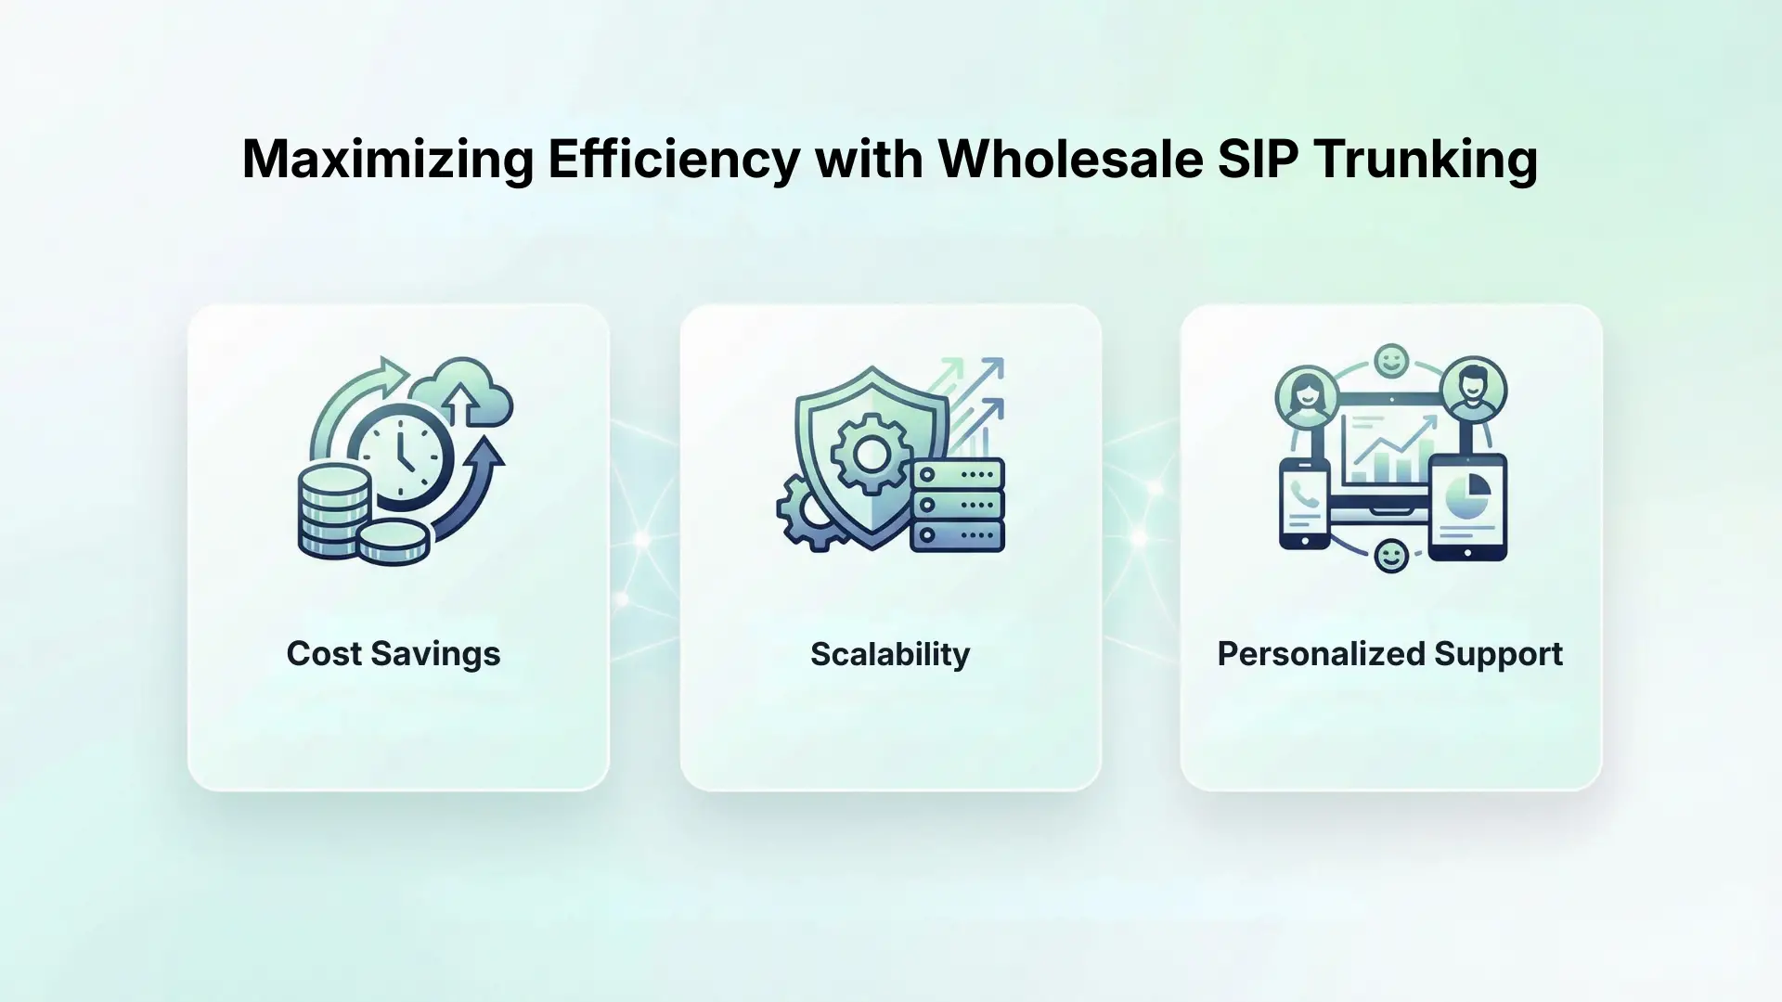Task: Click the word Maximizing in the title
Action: [x=388, y=160]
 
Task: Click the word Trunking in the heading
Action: [x=1426, y=160]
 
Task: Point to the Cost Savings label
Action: [x=394, y=654]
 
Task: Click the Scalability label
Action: [x=890, y=654]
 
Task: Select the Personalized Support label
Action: [x=1389, y=654]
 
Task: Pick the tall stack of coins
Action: [x=333, y=512]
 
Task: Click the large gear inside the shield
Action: [x=871, y=454]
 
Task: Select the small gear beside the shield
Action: [x=806, y=513]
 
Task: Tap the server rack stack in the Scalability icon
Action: [x=958, y=506]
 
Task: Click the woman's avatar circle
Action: [x=1306, y=393]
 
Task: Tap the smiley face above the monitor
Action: [x=1390, y=361]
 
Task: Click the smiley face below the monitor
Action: [x=1390, y=557]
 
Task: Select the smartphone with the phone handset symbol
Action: [x=1305, y=504]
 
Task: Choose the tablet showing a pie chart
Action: [x=1467, y=507]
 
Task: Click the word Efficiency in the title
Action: [x=674, y=160]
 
